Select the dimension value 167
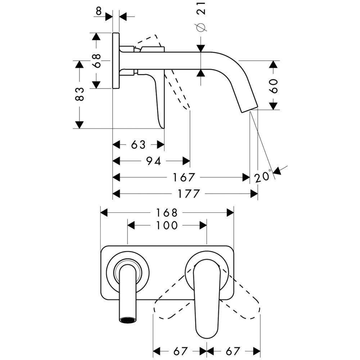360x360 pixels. coord(184,177)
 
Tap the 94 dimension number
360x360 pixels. coord(153,161)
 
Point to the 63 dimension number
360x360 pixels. coord(138,144)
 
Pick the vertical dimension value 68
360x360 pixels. coord(96,61)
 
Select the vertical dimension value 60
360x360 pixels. coord(274,86)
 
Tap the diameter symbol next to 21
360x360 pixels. coord(201,27)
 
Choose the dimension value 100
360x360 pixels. coord(167,225)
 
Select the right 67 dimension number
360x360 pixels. coord(234,350)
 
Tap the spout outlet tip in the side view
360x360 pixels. coord(249,108)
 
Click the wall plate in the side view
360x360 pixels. coord(116,60)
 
